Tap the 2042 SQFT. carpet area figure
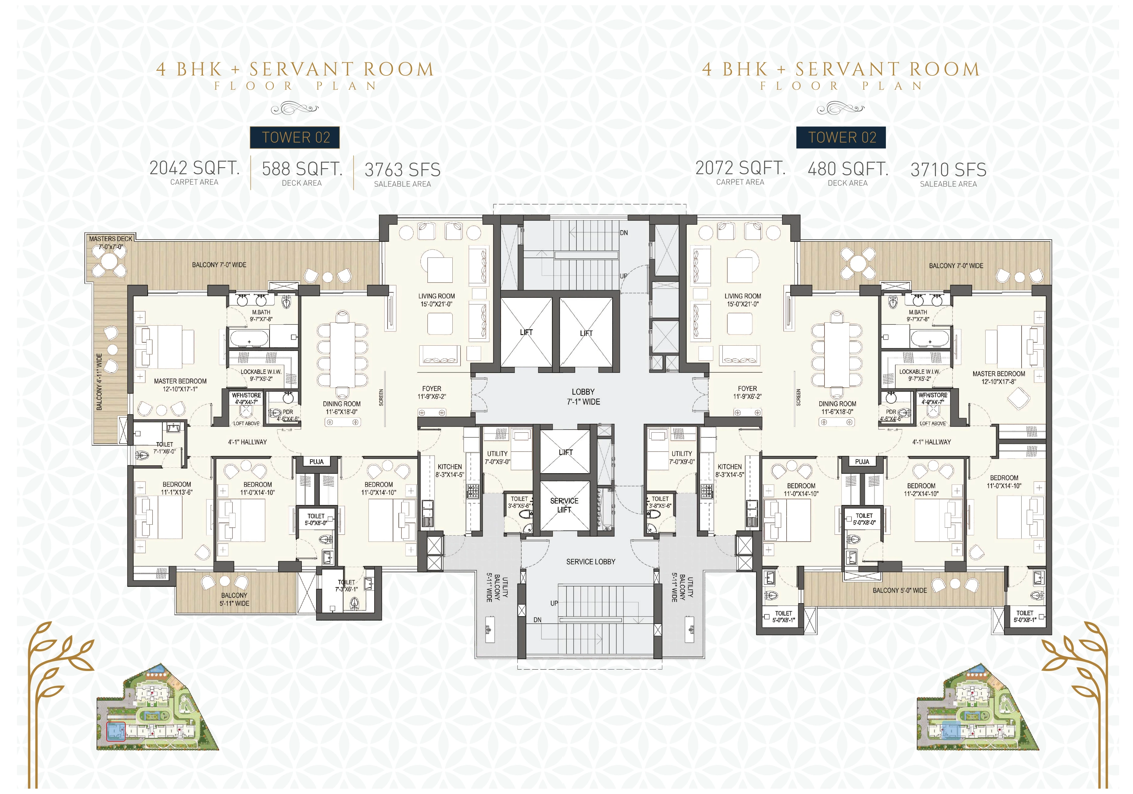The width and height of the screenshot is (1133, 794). click(194, 168)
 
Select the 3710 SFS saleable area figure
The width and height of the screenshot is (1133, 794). click(948, 170)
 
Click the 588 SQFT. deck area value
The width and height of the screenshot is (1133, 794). click(302, 169)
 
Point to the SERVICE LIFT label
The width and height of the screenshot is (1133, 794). click(564, 505)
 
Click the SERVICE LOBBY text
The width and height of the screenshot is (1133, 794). click(591, 561)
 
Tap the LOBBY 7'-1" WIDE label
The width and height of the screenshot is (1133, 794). click(583, 397)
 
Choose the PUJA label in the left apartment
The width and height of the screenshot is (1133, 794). click(316, 462)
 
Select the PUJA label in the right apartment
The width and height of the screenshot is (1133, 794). click(862, 462)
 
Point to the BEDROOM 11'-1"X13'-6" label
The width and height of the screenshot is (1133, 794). click(177, 488)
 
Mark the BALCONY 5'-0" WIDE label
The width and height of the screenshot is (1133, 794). click(900, 590)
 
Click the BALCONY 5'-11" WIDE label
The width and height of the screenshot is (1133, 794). click(234, 600)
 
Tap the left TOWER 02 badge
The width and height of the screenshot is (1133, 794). click(295, 137)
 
